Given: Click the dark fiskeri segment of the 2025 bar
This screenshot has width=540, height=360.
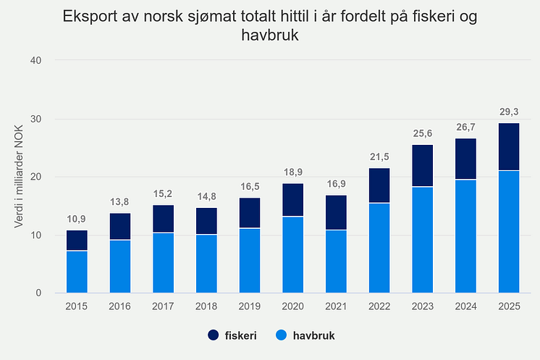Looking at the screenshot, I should point(510,146).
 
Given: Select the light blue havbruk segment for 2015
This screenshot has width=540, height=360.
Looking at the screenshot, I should point(77,272).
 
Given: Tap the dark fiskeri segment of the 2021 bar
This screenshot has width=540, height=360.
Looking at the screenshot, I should point(337,212).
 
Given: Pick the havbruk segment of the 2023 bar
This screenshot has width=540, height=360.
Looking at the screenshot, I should point(423,240).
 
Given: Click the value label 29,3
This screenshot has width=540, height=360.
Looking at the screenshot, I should point(510,112).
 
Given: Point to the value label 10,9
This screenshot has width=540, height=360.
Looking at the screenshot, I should point(77,219).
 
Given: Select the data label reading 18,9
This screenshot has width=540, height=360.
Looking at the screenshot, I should point(293,172).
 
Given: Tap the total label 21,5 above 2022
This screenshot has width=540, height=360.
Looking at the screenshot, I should point(379,157).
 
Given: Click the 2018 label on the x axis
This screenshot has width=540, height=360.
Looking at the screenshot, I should point(206,307).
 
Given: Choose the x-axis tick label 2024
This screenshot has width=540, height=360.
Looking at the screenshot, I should point(466,307).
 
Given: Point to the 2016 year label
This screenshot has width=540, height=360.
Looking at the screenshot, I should point(120,307).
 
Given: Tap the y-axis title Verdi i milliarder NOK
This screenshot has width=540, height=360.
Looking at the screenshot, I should point(20,177).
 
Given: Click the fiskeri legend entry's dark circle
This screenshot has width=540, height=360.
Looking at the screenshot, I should point(214,335).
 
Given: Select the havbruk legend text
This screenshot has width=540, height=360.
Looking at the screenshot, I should point(313,335).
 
